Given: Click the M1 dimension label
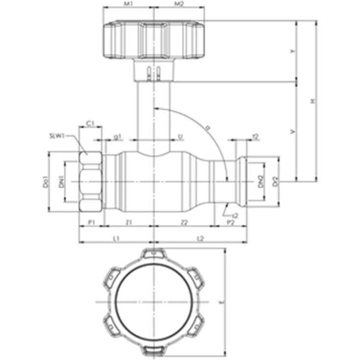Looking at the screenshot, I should [x=128, y=4].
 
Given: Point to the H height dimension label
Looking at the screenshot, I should [x=312, y=101].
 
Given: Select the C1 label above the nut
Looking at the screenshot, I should [x=90, y=123].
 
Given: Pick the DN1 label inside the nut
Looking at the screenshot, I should [x=62, y=182].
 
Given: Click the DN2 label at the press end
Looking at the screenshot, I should [x=261, y=182].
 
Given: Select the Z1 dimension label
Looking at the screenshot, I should [x=129, y=222].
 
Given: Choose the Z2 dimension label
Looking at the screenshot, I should [x=184, y=222].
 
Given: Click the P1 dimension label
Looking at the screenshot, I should [x=91, y=222].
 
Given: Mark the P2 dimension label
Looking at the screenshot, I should [x=230, y=222].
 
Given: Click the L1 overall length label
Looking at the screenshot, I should [x=116, y=238].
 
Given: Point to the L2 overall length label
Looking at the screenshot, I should [x=200, y=238].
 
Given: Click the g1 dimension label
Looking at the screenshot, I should [x=118, y=136].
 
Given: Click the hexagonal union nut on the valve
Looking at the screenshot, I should [x=91, y=181].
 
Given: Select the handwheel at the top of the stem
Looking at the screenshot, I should [x=154, y=39].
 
